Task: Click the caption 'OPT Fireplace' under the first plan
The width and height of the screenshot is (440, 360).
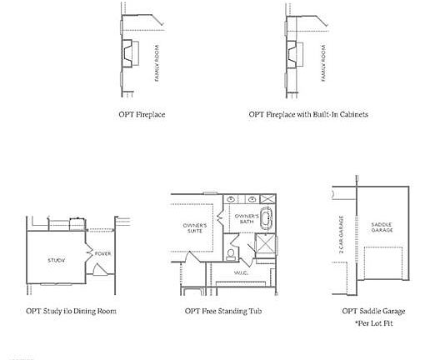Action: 142,114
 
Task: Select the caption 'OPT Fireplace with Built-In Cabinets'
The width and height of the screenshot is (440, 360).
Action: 308,114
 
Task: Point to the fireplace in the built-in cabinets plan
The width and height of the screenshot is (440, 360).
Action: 294,54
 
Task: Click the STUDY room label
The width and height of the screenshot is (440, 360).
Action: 56,261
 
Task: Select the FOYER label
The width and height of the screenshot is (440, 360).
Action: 102,253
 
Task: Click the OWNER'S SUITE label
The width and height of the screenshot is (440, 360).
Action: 194,227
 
